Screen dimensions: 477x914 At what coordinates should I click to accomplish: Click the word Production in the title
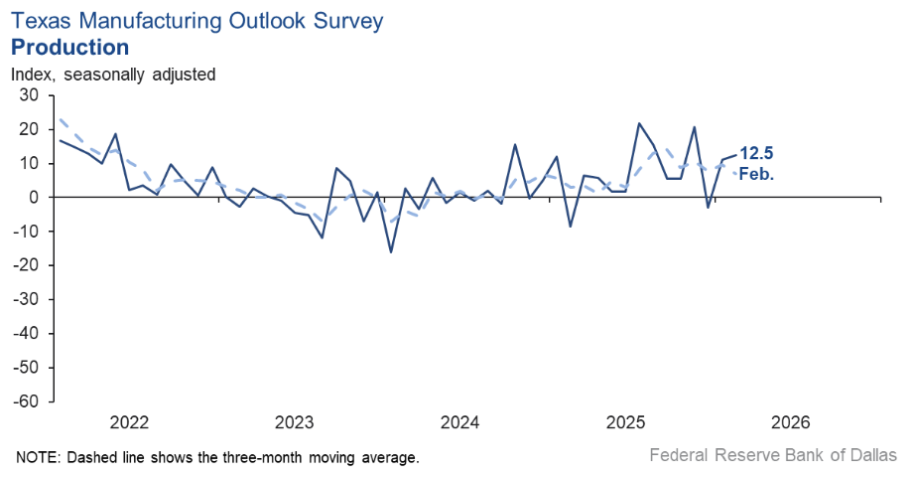tap(69, 47)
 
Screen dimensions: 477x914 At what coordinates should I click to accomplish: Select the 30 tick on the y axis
tap(29, 95)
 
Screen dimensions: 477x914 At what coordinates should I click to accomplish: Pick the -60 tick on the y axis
tap(26, 401)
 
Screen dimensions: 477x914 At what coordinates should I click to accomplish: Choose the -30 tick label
tap(26, 299)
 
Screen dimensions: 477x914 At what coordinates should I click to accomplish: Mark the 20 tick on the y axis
tap(29, 129)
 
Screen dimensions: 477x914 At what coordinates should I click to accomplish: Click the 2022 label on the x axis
tap(129, 422)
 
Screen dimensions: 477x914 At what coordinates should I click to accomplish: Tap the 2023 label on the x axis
tap(295, 422)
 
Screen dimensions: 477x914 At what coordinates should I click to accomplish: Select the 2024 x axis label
tap(460, 422)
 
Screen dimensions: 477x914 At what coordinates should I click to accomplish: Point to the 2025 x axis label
tap(626, 422)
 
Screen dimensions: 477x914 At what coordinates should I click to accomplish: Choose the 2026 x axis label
tap(792, 422)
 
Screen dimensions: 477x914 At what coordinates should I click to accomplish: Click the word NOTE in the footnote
tap(36, 457)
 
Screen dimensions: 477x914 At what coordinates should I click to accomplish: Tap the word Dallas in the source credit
tap(872, 455)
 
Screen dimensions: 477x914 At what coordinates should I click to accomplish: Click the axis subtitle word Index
tap(32, 74)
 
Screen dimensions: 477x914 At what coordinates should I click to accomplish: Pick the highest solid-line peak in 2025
tap(638, 123)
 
